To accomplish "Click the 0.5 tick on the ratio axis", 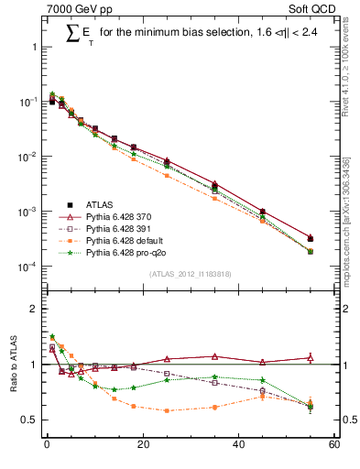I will click(x=30, y=420).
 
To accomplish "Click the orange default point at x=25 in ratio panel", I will click(x=167, y=410).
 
